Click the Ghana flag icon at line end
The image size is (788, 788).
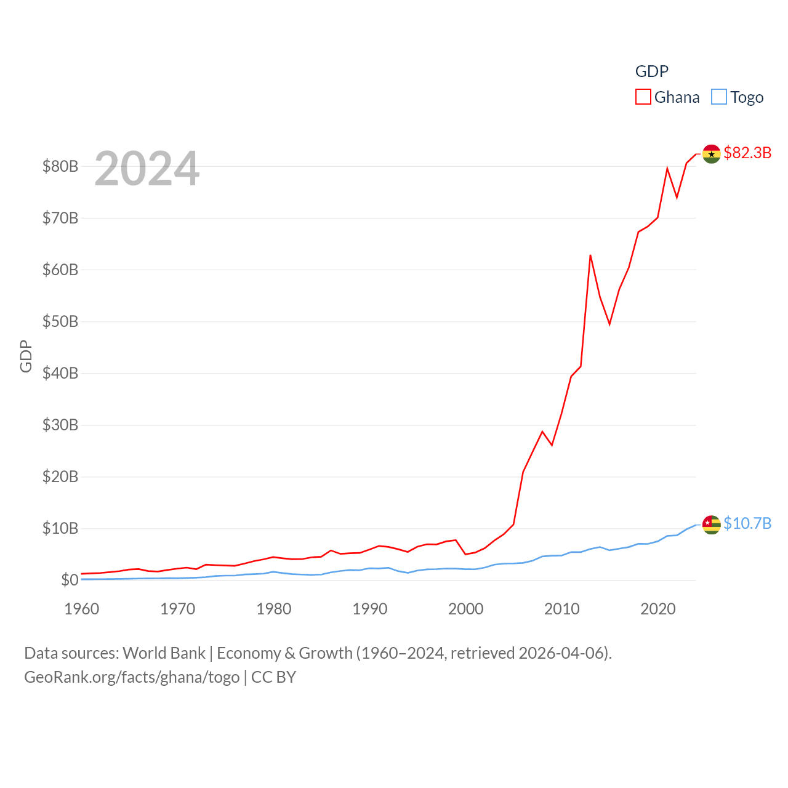711,154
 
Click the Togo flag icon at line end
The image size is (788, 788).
711,525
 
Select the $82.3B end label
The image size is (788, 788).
747,153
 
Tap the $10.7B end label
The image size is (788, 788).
747,523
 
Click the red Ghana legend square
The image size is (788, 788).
643,97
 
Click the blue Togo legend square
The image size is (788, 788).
718,97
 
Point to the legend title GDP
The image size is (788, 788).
651,71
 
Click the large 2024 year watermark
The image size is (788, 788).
147,169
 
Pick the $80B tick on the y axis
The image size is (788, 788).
60,166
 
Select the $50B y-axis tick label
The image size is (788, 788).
60,321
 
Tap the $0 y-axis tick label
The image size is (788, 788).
70,580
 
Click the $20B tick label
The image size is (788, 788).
60,476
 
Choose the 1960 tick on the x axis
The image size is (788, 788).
82,609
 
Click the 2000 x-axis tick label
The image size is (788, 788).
466,609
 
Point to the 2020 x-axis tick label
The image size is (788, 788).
658,609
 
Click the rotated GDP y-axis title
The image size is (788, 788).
26,356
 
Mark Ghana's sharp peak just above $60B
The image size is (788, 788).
590,255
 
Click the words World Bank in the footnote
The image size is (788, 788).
164,653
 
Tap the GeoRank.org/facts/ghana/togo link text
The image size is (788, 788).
132,677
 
